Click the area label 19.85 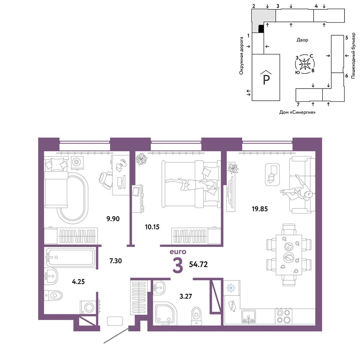click(260, 209)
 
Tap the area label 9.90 click(113, 219)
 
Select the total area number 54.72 click(198, 265)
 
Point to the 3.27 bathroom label click(185, 296)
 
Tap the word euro click(178, 252)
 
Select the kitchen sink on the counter click(248, 316)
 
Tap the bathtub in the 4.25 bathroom click(71, 257)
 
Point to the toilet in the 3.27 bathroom click(196, 315)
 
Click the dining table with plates click(289, 255)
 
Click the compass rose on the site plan click(305, 64)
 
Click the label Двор click(302, 40)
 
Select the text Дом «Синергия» click(297, 112)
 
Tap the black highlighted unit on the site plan click(261, 29)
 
